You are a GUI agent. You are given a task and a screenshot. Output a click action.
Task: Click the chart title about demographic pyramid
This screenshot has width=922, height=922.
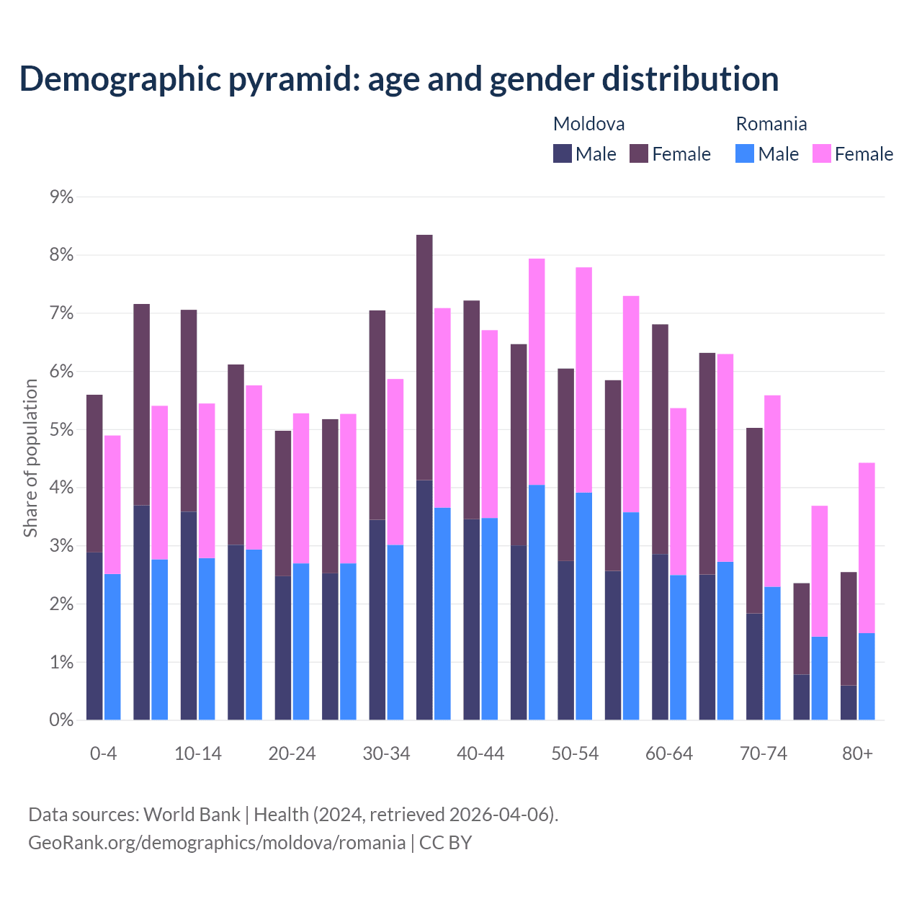click(x=399, y=79)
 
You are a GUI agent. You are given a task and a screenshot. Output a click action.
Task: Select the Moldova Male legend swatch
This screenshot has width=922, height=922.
click(x=563, y=153)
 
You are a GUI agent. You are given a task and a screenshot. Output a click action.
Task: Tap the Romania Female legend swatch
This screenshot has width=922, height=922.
click(x=821, y=153)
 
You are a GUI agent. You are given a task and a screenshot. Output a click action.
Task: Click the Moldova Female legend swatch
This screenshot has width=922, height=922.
click(x=639, y=153)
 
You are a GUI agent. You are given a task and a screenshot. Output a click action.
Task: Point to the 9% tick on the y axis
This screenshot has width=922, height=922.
click(x=61, y=197)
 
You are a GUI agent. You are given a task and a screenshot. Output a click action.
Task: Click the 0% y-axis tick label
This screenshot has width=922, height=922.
click(x=61, y=720)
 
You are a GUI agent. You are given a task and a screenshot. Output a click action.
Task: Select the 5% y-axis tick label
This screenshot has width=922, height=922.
click(x=61, y=429)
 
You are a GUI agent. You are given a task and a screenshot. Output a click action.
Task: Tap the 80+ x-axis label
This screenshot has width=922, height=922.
click(x=857, y=753)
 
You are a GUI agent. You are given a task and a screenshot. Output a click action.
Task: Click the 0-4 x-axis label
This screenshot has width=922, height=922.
click(x=103, y=753)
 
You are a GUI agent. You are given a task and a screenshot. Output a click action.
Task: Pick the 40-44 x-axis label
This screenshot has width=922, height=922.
click(x=480, y=753)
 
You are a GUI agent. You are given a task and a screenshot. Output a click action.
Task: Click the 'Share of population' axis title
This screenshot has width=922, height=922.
click(x=30, y=458)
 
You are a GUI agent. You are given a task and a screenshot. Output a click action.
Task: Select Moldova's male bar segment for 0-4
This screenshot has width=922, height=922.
click(x=94, y=636)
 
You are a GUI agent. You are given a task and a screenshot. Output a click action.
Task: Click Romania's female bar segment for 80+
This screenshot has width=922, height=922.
click(x=867, y=547)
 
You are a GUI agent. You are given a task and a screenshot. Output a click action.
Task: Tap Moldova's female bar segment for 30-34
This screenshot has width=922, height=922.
click(x=377, y=415)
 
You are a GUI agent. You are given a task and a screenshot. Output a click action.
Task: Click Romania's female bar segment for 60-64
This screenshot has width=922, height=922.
click(x=678, y=491)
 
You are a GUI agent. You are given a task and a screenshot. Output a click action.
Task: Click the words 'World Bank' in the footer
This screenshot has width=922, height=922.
click(x=192, y=815)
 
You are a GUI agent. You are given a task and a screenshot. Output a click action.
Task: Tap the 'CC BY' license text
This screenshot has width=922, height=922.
click(x=445, y=843)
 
